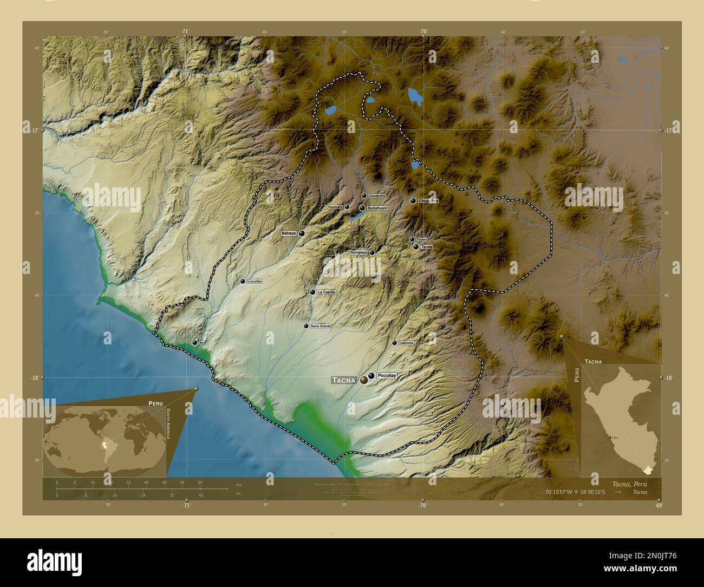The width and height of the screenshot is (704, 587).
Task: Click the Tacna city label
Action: pos(344,380)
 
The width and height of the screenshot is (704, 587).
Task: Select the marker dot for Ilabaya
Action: pos(302,233)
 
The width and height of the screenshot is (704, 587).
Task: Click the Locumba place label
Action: pos(255,282)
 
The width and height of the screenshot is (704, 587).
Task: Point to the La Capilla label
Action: pos(327,292)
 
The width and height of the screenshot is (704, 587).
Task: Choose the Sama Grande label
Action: pos(320,326)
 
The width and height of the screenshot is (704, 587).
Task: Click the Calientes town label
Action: pos(406,343)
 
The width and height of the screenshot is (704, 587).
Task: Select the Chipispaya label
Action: pos(357,252)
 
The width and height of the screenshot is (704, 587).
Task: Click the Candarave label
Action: pos(376,195)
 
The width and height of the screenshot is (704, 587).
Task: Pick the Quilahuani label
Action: pos(377,207)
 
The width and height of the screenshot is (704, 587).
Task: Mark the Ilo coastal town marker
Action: pos(194,342)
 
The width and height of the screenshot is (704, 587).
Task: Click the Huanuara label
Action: pos(335,207)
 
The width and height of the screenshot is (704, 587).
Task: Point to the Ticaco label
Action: pos(422,239)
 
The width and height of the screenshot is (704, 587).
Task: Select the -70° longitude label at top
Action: pos(423,31)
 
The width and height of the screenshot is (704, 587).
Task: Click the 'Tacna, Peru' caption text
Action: pos(629,484)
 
